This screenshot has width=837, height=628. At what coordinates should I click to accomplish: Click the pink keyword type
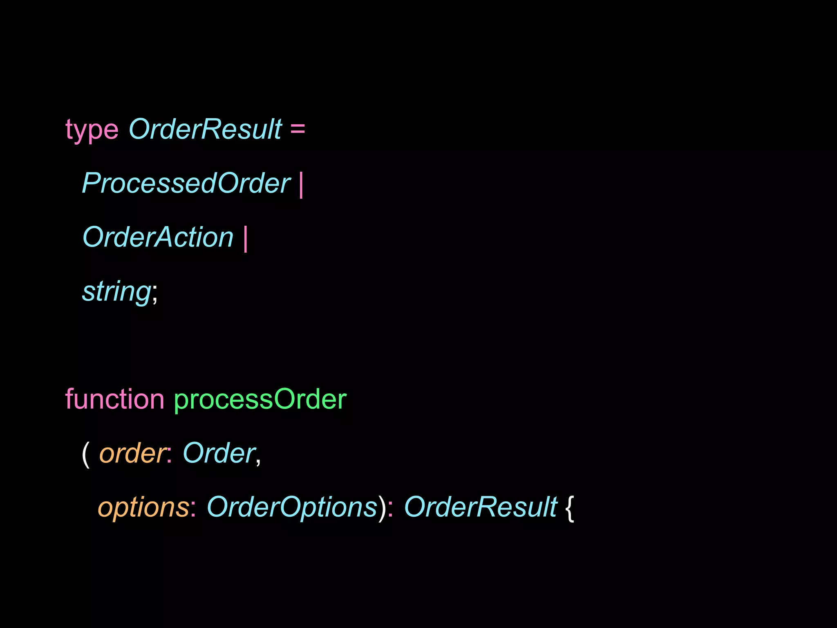pyautogui.click(x=92, y=130)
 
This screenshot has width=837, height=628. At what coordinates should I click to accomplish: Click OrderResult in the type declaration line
pyautogui.click(x=205, y=129)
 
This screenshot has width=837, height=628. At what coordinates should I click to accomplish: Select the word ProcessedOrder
pyautogui.click(x=186, y=183)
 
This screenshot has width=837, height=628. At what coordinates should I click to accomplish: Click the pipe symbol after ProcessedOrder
pyautogui.click(x=301, y=185)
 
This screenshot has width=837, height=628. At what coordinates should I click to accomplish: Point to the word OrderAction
pyautogui.click(x=158, y=237)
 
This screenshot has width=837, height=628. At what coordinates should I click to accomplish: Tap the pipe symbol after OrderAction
pyautogui.click(x=245, y=239)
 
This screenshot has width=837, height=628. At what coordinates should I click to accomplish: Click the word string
pyautogui.click(x=116, y=292)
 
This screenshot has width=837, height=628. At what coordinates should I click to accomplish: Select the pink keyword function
pyautogui.click(x=114, y=399)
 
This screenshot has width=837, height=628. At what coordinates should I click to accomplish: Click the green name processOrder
pyautogui.click(x=260, y=399)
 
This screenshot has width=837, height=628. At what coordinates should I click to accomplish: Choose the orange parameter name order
pyautogui.click(x=132, y=454)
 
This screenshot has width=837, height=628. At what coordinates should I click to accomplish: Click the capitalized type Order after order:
pyautogui.click(x=219, y=453)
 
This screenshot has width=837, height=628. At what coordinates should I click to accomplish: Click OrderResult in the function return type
pyautogui.click(x=481, y=507)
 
